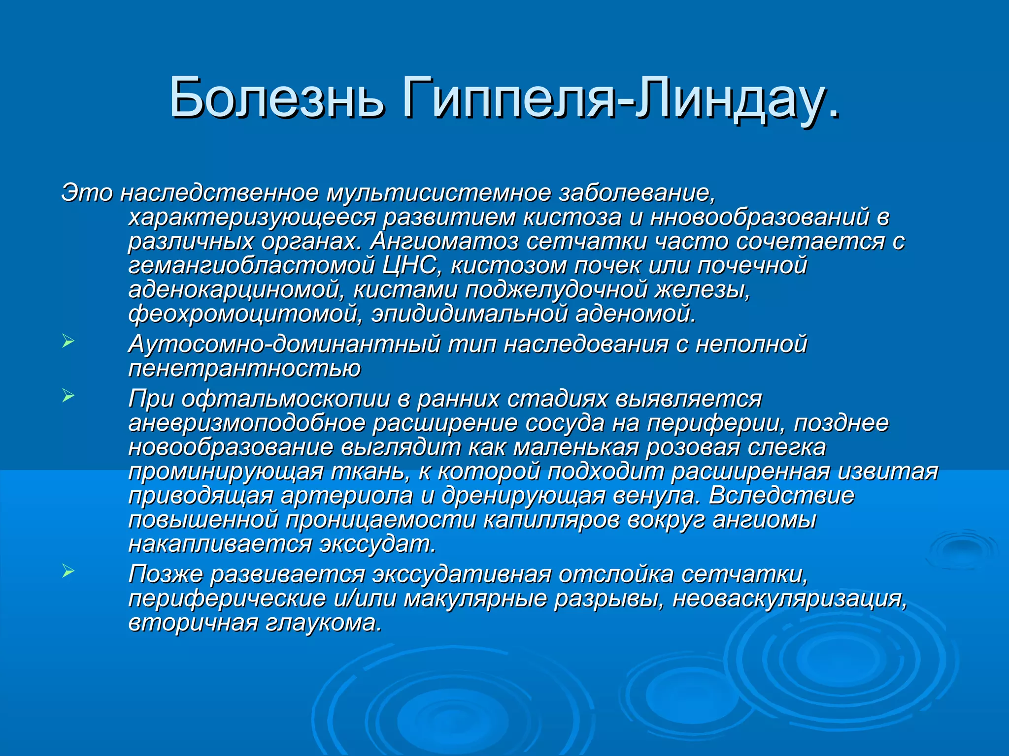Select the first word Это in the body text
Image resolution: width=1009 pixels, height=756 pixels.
[87, 192]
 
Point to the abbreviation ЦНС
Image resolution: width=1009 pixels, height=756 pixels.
[409, 265]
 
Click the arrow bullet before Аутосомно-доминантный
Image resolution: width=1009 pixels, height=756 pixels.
[68, 341]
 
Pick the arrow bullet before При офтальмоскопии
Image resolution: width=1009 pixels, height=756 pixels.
[68, 395]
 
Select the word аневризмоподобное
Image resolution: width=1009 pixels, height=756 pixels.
[247, 423]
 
